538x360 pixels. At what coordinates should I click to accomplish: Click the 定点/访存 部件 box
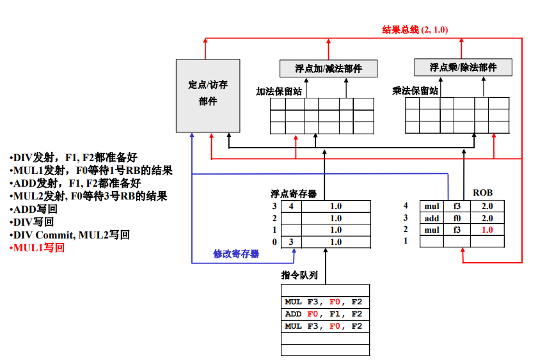pos(208,96)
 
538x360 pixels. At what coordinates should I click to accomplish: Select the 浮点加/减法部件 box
pos(328,68)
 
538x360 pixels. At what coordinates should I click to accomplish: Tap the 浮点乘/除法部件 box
pos(463,67)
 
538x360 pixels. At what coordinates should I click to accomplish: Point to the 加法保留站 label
pos(279,91)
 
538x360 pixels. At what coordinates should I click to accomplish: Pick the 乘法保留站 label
pos(415,91)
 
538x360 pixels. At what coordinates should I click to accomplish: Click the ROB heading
pos(483,192)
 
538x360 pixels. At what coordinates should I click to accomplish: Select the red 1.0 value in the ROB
pos(487,230)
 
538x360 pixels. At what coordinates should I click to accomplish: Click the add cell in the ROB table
pos(432,219)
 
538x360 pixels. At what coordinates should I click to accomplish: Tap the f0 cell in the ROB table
pos(457,218)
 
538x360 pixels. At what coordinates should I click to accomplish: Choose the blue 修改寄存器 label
pos(236,254)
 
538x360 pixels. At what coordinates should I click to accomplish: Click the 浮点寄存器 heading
pos(294,194)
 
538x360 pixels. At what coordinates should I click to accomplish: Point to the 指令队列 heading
pos(299,275)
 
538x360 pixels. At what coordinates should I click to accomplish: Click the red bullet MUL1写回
pos(37,247)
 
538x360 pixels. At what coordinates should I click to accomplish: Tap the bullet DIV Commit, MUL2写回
pos(70,235)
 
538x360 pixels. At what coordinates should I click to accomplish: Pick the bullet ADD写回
pos(33,209)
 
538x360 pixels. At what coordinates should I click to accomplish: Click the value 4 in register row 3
pos(291,206)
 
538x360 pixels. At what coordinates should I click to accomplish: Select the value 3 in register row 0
pos(291,242)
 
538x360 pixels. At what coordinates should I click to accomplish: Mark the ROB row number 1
pos(406,240)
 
